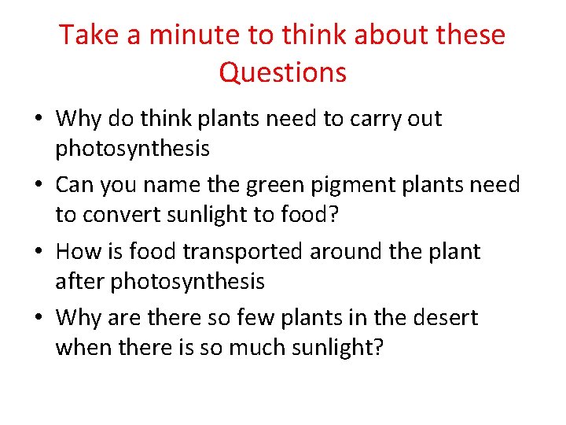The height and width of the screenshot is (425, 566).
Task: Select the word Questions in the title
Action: pyautogui.click(x=283, y=72)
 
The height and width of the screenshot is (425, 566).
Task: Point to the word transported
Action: pyautogui.click(x=243, y=252)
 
